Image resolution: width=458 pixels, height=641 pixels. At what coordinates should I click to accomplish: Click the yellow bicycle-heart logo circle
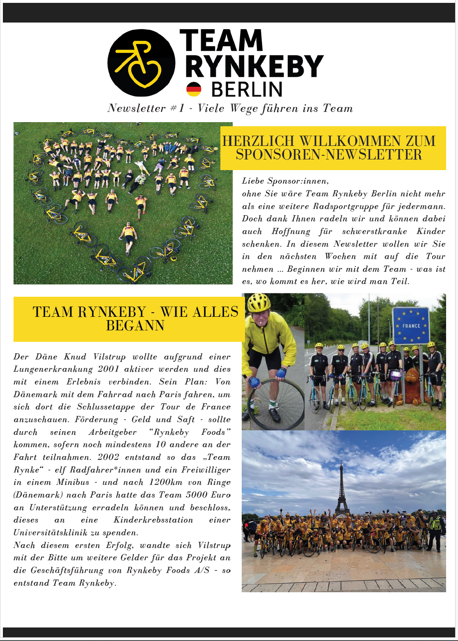pos(141,63)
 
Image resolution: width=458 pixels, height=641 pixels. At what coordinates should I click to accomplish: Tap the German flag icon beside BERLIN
pos(194,89)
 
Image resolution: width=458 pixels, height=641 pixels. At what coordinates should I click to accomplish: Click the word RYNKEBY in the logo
pos(254,66)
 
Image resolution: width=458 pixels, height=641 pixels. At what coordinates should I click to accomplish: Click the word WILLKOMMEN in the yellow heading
pos(350,141)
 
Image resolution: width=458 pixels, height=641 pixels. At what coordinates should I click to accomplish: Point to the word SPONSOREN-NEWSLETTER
pos(329,155)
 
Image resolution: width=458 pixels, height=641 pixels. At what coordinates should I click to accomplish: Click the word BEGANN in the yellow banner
pos(135,325)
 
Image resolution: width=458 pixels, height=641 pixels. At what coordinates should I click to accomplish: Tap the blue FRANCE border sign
pos(411,325)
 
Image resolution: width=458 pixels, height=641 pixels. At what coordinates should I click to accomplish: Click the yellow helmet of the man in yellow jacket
pos(259,302)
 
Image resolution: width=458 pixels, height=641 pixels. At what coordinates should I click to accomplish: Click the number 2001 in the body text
pos(108,369)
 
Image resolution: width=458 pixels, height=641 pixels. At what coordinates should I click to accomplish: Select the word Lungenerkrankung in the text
pos(53,369)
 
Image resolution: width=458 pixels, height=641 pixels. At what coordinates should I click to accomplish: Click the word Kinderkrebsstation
pos(153,520)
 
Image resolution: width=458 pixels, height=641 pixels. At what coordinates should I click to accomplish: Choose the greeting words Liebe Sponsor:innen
pos(285,181)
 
